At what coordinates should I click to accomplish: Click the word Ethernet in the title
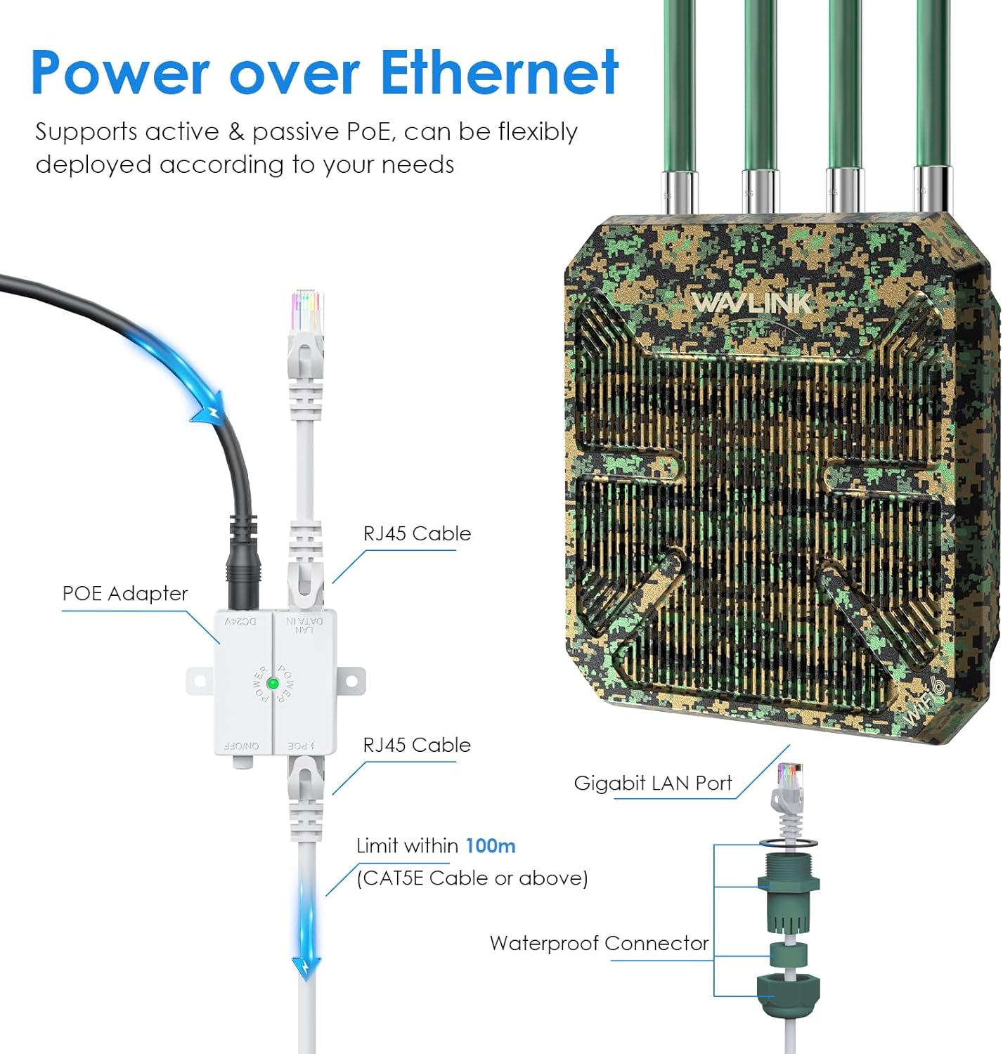[x=499, y=72]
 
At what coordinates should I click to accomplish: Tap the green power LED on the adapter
[x=273, y=683]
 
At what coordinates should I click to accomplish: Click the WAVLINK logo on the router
[x=751, y=303]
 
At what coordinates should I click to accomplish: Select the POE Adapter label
[x=124, y=594]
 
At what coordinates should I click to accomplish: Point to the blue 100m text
[x=490, y=845]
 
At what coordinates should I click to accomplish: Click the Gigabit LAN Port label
[x=652, y=783]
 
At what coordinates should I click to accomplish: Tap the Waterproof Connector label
[x=599, y=943]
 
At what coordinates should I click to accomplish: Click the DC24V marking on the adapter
[x=240, y=622]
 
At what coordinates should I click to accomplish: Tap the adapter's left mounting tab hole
[x=199, y=681]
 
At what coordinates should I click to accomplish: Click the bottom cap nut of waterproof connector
[x=788, y=993]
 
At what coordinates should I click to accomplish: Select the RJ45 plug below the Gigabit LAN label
[x=788, y=787]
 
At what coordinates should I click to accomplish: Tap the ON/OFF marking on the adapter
[x=241, y=746]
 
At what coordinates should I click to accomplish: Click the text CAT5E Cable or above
[x=472, y=878]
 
